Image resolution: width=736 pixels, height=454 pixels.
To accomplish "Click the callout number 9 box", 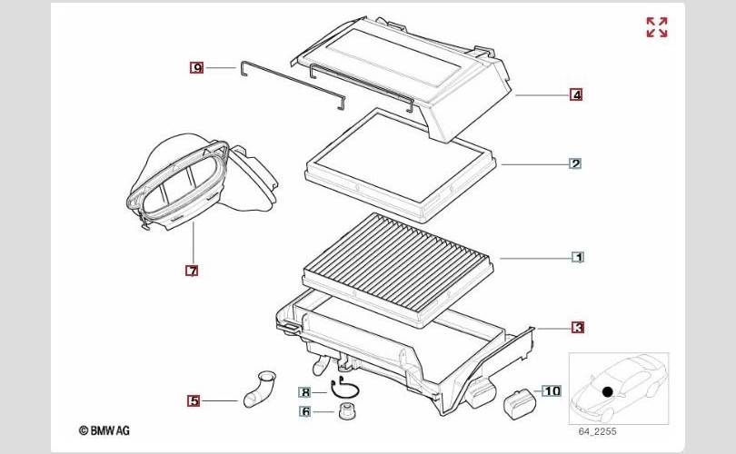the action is tap(196, 68).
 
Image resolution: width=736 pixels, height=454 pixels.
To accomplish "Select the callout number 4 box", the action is tap(576, 94).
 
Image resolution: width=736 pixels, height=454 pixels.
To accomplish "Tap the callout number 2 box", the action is tap(575, 163).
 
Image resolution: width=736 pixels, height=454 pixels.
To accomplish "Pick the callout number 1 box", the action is tap(578, 257).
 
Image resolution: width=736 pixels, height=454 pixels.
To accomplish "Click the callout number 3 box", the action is tap(578, 328).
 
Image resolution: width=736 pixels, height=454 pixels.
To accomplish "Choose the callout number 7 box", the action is tap(192, 271).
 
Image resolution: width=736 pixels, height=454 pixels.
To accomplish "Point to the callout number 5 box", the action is tap(194, 401).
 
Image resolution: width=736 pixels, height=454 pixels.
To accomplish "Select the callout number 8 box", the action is tap(305, 392).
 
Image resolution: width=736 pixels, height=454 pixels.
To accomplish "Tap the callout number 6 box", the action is tap(305, 411).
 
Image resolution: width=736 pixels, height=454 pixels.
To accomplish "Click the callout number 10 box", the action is tap(552, 390).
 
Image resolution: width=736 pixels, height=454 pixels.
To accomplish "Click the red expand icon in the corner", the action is tap(657, 27).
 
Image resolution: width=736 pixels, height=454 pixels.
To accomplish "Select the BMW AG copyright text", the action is tap(104, 430).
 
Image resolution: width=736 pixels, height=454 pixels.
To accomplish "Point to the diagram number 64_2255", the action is tap(597, 431).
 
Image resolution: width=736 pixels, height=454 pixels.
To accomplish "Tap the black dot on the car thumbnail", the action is tap(607, 391).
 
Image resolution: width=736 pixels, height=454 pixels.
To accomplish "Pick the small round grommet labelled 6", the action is tap(346, 412).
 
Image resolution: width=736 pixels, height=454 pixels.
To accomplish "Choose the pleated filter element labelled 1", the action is tap(398, 270).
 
